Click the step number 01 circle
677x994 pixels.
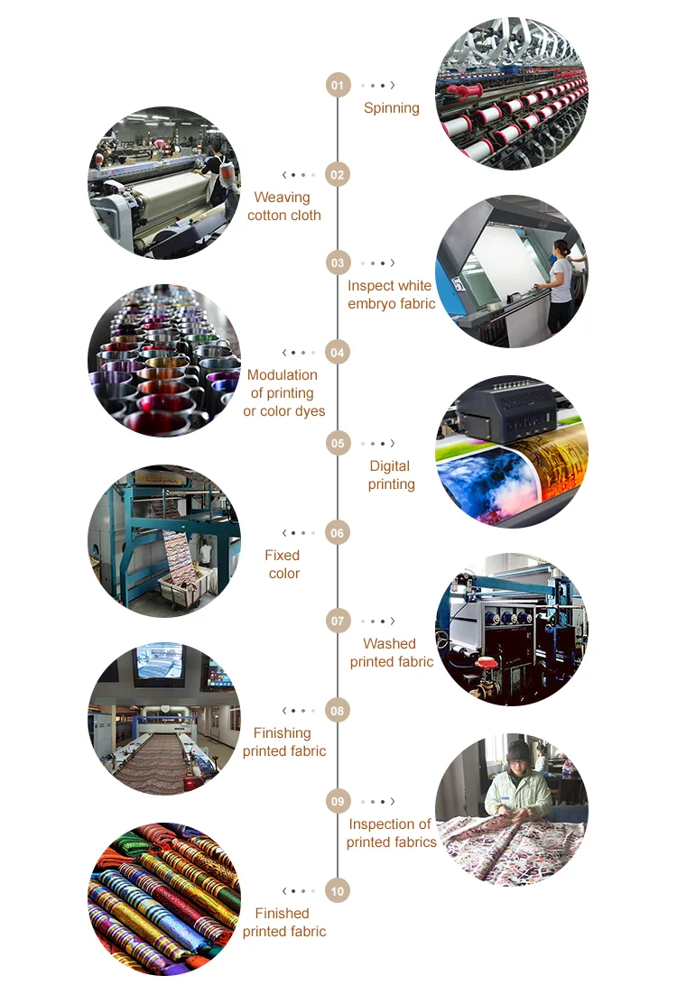tap(338, 86)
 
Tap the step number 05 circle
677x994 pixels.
tap(338, 443)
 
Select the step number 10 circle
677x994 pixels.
tap(338, 891)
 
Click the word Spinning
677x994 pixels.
tap(392, 108)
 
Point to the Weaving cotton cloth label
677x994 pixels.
tap(283, 207)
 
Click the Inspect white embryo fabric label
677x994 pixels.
tap(392, 295)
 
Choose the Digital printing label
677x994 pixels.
tap(392, 475)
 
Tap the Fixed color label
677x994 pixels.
tap(283, 565)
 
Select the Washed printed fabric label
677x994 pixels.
tap(392, 653)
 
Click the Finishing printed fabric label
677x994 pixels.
tap(283, 742)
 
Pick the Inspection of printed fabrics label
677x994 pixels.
tap(392, 833)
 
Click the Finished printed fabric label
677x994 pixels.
tap(283, 923)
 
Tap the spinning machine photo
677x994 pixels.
tap(512, 93)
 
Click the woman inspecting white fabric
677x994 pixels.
tap(561, 280)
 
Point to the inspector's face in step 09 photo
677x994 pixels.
tap(517, 757)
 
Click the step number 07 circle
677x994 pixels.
tap(338, 621)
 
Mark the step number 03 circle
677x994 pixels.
tap(338, 263)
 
